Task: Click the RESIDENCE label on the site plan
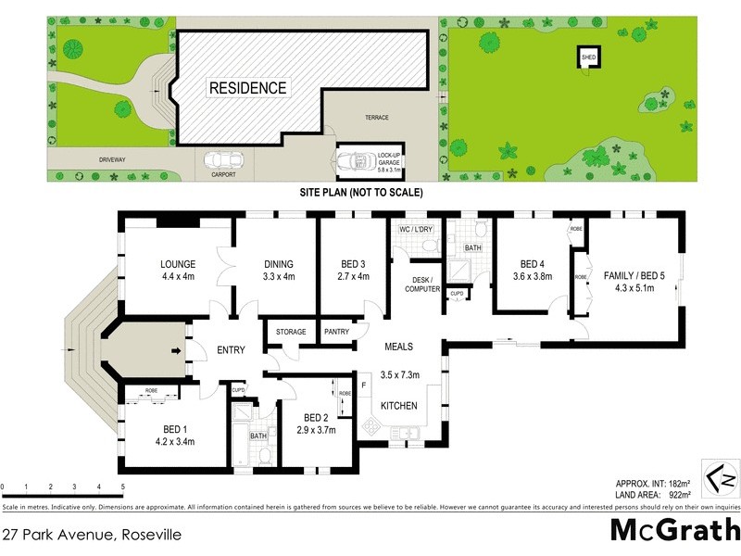(x=247, y=88)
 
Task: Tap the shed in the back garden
(x=588, y=57)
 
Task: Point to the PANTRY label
(x=335, y=332)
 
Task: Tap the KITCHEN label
(x=399, y=406)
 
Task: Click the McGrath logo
(x=673, y=530)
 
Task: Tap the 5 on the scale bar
(x=123, y=486)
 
